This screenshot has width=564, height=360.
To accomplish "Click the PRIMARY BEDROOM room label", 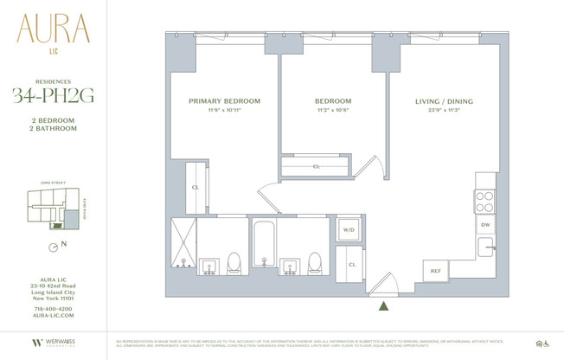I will pyautogui.click(x=224, y=101).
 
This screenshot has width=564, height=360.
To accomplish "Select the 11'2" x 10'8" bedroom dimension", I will pyautogui.click(x=332, y=111).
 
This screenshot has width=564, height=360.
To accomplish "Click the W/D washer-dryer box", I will pyautogui.click(x=349, y=230).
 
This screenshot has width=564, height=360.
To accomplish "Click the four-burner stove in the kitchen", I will pyautogui.click(x=484, y=200).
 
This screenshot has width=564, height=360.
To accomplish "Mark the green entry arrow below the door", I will pyautogui.click(x=383, y=304).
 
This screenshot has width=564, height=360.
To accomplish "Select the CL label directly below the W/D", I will pyautogui.click(x=351, y=264).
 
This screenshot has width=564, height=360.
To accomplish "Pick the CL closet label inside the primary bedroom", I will pyautogui.click(x=195, y=187).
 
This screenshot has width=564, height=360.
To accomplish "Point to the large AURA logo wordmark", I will pyautogui.click(x=53, y=32).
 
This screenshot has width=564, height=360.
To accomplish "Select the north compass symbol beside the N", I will pyautogui.click(x=54, y=245).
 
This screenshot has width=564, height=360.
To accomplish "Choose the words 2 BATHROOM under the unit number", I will pyautogui.click(x=54, y=128).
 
